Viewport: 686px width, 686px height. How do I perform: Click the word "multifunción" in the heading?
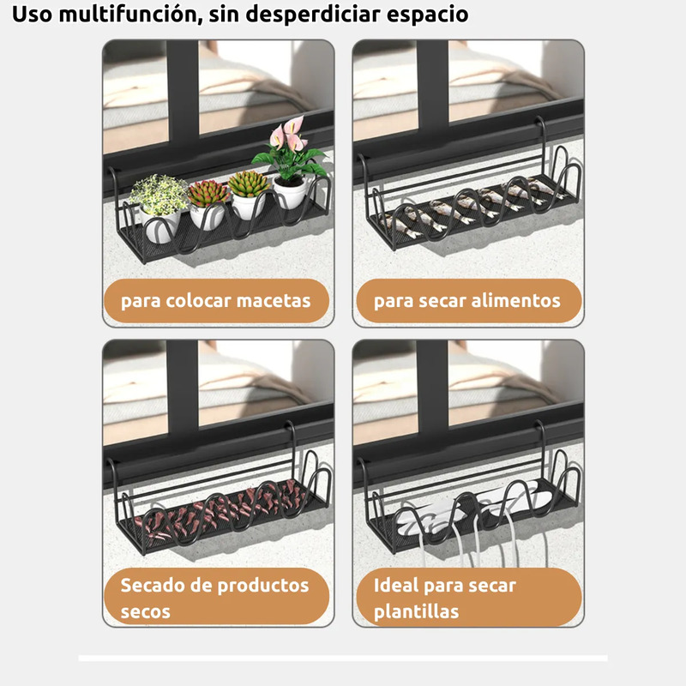(130, 14)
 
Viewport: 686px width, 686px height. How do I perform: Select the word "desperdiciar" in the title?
(314, 14)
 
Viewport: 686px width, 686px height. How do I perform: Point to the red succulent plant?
(208, 192)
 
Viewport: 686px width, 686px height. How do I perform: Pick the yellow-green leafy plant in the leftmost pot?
(159, 194)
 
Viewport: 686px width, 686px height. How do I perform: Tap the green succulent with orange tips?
(248, 183)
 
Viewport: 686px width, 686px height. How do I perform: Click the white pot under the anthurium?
(290, 192)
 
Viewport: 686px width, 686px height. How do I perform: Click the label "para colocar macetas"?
(216, 301)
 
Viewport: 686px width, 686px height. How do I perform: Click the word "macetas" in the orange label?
(274, 301)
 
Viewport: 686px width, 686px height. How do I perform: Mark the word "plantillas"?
(416, 611)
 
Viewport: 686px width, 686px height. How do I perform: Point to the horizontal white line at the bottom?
(343, 658)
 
